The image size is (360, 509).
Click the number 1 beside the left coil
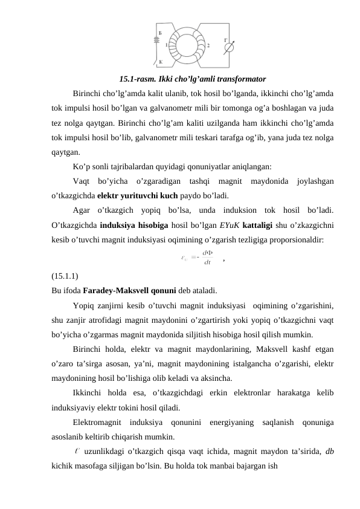click(x=158, y=44)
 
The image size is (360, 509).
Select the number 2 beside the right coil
click(x=208, y=45)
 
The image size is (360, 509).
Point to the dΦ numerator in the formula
click(x=207, y=253)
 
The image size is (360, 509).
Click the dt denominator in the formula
click(x=207, y=262)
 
